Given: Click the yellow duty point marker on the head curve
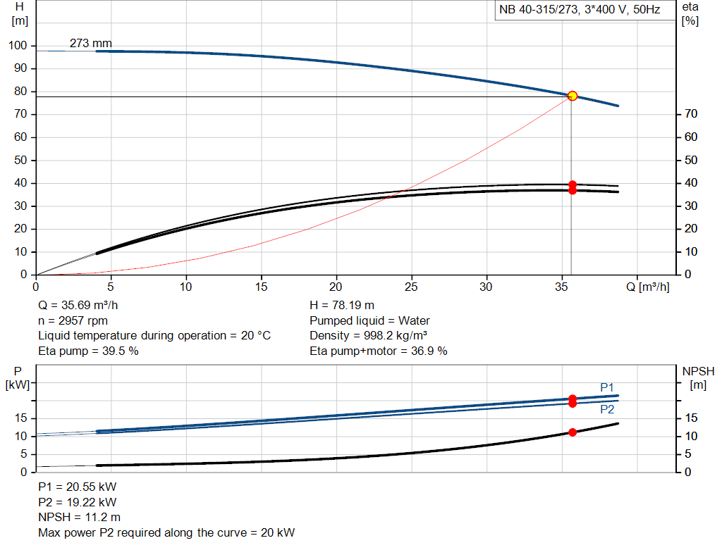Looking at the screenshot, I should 572,96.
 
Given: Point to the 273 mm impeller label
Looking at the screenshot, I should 90,44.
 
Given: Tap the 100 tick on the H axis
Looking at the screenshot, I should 18,46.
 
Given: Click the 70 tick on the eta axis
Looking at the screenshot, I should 691,114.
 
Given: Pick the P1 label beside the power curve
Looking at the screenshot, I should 607,387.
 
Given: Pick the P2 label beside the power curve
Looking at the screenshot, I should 607,409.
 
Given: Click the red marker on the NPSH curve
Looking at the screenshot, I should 572,432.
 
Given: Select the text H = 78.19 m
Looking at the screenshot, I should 343,306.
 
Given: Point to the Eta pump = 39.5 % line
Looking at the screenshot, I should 88,351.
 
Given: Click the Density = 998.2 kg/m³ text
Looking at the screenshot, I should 369,335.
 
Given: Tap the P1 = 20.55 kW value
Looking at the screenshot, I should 77,487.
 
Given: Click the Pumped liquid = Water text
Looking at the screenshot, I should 369,320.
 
